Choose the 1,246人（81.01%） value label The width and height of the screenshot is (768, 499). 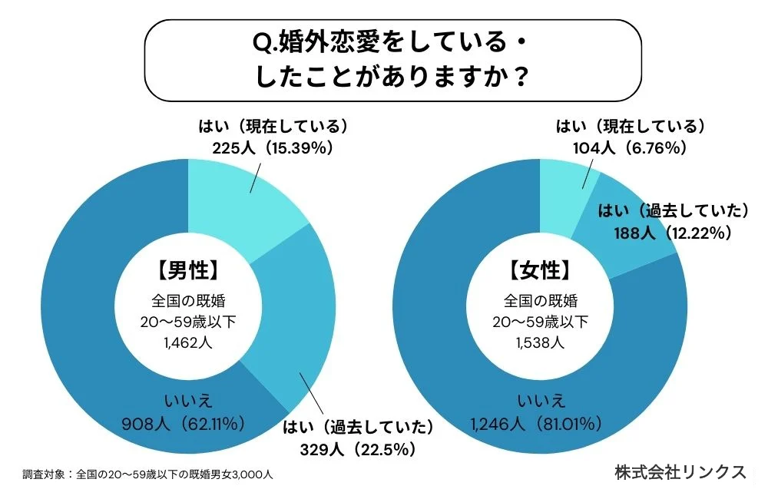(541, 421)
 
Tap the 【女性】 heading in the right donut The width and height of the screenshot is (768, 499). (541, 270)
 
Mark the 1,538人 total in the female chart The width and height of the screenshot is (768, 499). (541, 343)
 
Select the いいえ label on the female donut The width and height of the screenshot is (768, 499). (541, 398)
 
